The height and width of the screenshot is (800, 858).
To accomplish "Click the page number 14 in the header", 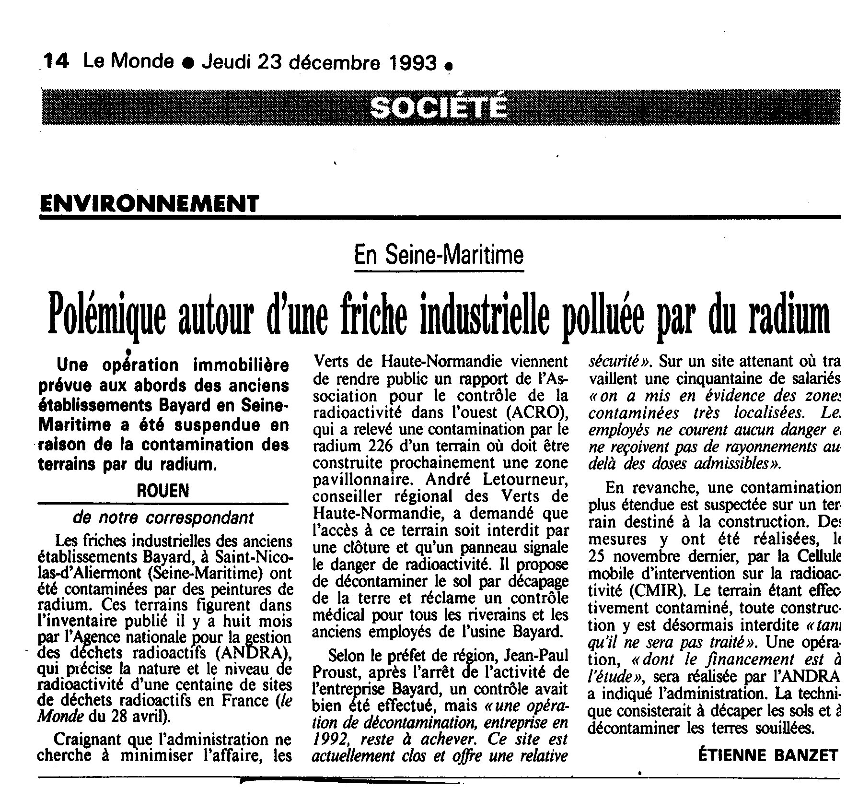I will (x=57, y=62).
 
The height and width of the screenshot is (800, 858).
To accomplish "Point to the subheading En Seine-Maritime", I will (x=439, y=255).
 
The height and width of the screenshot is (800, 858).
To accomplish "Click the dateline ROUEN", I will (x=163, y=490).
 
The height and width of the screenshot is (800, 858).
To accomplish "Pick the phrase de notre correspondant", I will (x=163, y=518).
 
